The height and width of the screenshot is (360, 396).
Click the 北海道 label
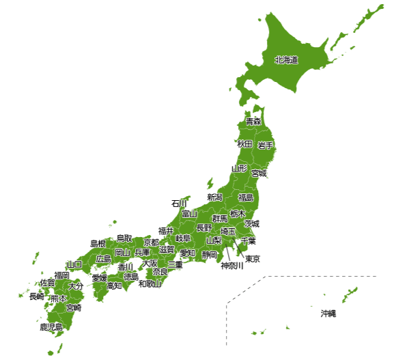click(x=286, y=60)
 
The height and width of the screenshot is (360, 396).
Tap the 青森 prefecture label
click(x=253, y=122)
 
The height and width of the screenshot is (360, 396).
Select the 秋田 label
click(x=244, y=144)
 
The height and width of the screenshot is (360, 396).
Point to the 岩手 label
click(x=266, y=146)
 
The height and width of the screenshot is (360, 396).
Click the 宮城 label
click(x=259, y=174)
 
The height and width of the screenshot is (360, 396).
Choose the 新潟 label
click(x=214, y=197)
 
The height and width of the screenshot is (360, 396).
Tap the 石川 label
click(x=179, y=204)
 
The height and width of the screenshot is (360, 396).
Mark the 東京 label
click(x=253, y=259)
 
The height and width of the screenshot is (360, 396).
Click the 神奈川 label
click(x=232, y=266)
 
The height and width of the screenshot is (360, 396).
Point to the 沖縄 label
click(x=328, y=314)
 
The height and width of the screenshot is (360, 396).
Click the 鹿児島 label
click(x=51, y=327)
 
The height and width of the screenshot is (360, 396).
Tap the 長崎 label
click(x=36, y=297)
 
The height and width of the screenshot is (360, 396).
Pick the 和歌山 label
click(x=150, y=283)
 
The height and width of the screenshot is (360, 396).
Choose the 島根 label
click(x=98, y=244)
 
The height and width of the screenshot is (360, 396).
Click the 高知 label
click(x=114, y=286)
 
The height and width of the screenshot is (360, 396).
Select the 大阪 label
click(x=150, y=263)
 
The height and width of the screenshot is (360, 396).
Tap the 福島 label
click(x=246, y=197)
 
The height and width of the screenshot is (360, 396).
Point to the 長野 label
click(x=204, y=227)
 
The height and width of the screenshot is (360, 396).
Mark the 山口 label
click(x=74, y=264)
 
